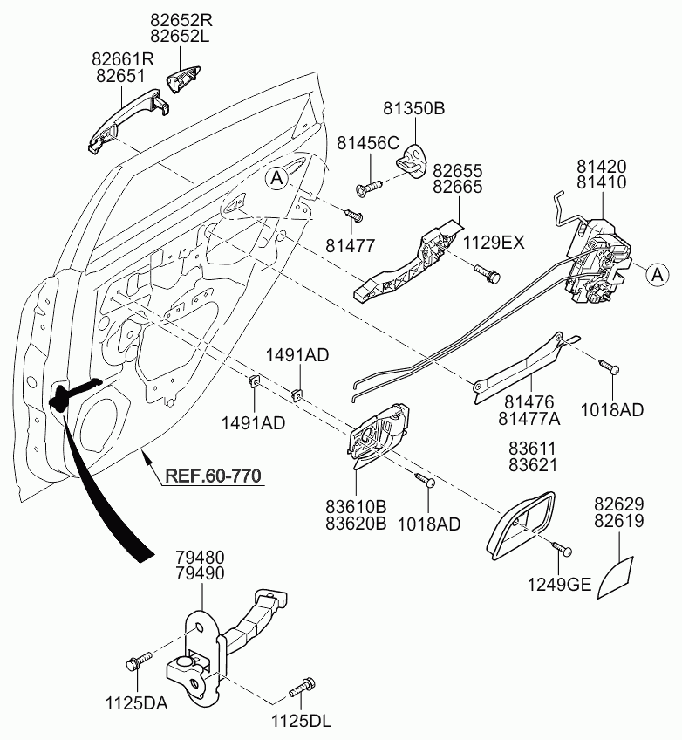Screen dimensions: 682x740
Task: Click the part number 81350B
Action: click(413, 108)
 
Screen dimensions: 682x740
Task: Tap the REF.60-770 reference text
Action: click(213, 476)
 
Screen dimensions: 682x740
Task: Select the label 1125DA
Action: click(136, 703)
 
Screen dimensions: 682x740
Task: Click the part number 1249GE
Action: click(559, 586)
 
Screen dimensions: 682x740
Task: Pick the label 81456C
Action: click(368, 143)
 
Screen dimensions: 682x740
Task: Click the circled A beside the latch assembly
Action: click(657, 274)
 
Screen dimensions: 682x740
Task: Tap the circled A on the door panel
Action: click(277, 178)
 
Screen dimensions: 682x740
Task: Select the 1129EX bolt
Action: click(487, 274)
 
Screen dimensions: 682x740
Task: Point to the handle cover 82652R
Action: click(184, 79)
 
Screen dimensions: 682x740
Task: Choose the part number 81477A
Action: click(529, 419)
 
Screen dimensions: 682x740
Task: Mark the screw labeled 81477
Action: click(354, 216)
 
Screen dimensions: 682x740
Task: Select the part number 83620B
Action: click(356, 524)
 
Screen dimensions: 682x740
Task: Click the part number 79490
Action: click(200, 573)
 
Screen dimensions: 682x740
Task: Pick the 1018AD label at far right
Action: click(611, 410)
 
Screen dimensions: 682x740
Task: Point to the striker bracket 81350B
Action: click(412, 161)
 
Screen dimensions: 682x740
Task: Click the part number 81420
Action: click(602, 167)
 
